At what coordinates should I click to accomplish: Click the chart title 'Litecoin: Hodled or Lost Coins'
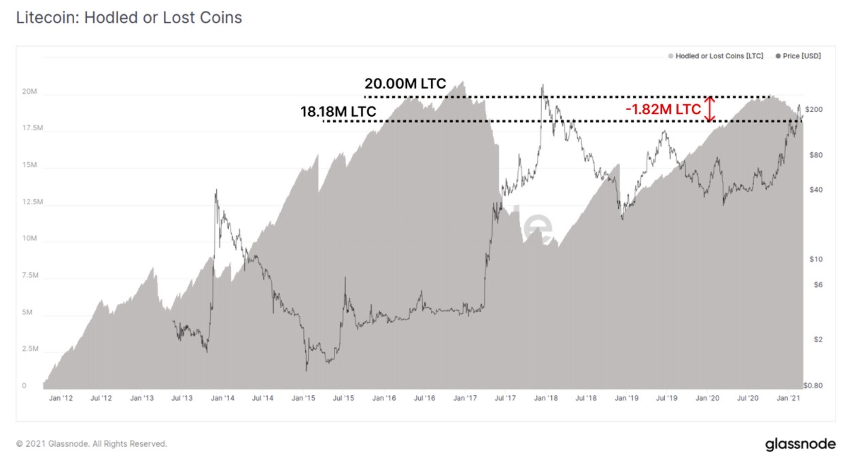[x=129, y=18]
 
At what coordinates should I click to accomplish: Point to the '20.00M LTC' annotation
[x=405, y=84]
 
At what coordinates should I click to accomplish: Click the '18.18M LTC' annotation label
[x=338, y=111]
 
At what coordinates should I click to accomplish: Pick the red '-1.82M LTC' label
[x=663, y=109]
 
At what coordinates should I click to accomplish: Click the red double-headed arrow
[x=710, y=109]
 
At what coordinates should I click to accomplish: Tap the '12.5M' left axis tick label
[x=33, y=202]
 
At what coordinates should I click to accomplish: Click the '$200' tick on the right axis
[x=814, y=110]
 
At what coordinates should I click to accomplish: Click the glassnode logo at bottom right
[x=800, y=444]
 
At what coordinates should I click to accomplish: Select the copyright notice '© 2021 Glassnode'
[x=91, y=444]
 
